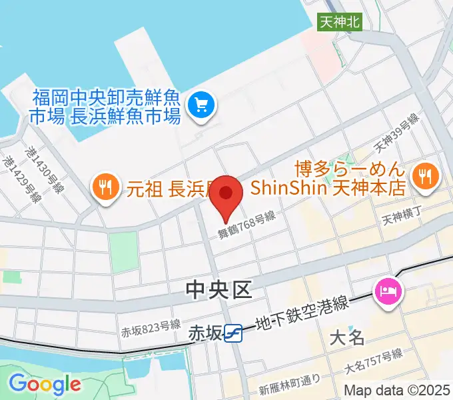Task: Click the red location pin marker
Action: [x=226, y=195]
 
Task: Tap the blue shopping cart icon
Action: [x=201, y=104]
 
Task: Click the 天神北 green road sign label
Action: [x=340, y=21]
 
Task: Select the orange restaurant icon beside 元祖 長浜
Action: [x=105, y=183]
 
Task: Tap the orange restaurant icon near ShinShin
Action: [x=423, y=175]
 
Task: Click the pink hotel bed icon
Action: [x=387, y=291]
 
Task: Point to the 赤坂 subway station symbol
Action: [x=233, y=332]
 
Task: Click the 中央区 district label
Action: [x=219, y=290]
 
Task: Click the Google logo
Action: [x=45, y=385]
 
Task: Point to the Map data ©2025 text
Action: [x=397, y=390]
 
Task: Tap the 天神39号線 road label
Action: [x=396, y=133]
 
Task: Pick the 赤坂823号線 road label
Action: [x=151, y=326]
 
